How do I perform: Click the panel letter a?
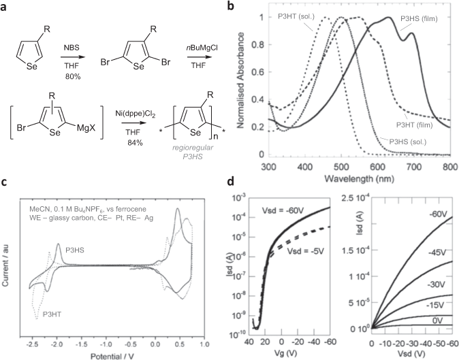coord(5,7)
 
